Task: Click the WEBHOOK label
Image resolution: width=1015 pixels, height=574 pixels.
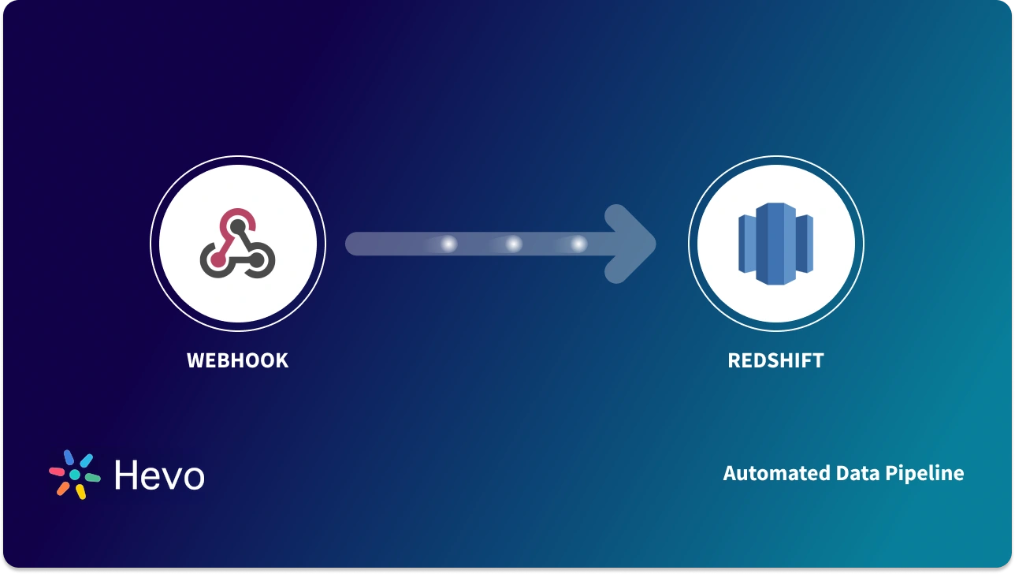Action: (237, 360)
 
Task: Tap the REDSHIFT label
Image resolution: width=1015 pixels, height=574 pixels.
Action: (775, 360)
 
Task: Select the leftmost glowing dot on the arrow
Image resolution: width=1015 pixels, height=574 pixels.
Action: (448, 244)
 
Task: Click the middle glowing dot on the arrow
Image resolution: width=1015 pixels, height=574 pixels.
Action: (513, 244)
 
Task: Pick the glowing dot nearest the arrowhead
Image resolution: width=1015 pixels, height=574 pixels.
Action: (578, 244)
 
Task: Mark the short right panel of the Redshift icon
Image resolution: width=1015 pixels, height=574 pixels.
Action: (805, 242)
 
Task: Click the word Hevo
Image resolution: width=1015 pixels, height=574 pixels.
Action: (159, 475)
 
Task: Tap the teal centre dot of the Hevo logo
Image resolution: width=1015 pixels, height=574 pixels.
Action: (75, 475)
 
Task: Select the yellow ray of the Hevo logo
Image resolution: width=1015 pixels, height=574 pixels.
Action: (80, 491)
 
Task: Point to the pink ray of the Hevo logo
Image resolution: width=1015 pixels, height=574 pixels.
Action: (58, 471)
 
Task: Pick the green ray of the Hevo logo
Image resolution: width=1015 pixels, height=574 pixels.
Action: (92, 478)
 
